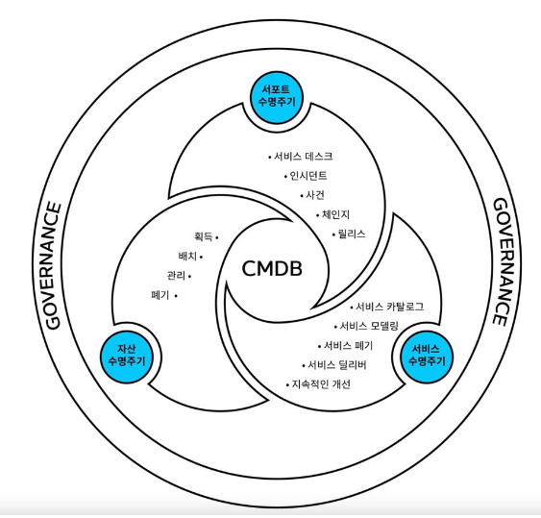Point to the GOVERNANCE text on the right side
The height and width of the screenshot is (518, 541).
(501, 262)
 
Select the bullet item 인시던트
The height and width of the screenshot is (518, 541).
(308, 176)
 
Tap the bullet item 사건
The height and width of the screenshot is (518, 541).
(316, 195)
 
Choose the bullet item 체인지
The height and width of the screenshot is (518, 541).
(335, 214)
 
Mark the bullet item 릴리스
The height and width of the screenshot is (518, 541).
(348, 234)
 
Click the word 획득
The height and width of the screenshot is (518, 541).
(202, 236)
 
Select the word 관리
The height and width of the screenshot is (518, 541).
(176, 276)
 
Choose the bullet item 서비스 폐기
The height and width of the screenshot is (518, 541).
(346, 346)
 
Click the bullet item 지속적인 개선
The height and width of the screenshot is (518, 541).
(321, 384)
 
